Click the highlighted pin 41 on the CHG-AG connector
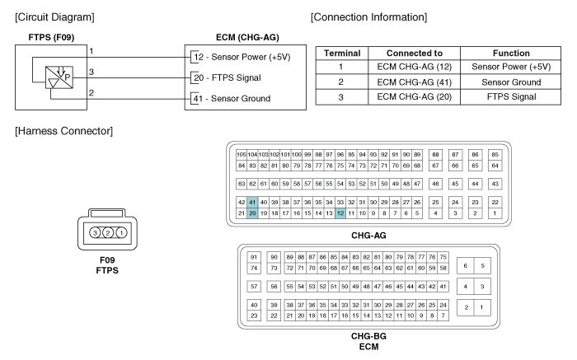(x=252, y=202)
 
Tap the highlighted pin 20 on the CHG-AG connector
(x=252, y=213)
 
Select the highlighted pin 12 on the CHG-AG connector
(x=340, y=213)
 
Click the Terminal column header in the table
(x=342, y=53)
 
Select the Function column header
(x=511, y=53)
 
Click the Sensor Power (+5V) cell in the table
(x=511, y=67)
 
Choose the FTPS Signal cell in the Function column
(x=511, y=96)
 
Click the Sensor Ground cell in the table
(x=511, y=82)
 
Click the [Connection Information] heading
(x=368, y=16)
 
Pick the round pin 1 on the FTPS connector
(x=121, y=234)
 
